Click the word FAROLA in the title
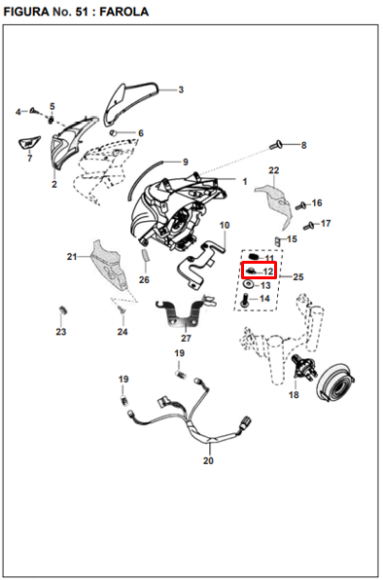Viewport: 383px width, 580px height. coord(124,12)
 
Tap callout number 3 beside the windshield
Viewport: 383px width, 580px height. coord(181,90)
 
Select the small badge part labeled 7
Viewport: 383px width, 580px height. coord(29,143)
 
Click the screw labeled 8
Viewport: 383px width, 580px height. coord(275,145)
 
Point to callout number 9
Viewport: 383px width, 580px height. coord(186,162)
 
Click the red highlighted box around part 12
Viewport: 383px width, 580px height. coord(259,271)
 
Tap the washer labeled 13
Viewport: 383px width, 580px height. coord(249,284)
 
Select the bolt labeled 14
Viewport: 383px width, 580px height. coord(244,300)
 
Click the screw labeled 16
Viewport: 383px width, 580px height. coord(301,204)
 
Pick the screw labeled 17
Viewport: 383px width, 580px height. coord(308,225)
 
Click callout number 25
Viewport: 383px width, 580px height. coord(298,276)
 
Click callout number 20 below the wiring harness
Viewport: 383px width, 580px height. coord(208,460)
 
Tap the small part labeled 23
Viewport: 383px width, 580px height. coord(62,309)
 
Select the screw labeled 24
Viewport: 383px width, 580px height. coord(120,308)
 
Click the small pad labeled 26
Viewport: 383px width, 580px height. coord(145,255)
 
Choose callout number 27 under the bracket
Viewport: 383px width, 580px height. coord(186,338)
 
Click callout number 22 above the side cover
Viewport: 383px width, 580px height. coord(274,170)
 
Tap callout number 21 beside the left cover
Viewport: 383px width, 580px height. coord(72,256)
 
